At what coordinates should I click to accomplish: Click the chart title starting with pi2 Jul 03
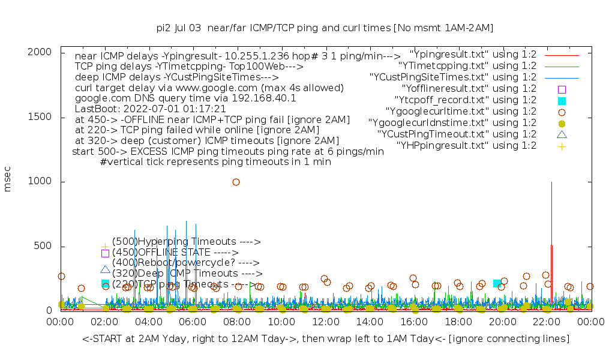(x=325, y=28)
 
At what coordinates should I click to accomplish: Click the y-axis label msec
(x=8, y=181)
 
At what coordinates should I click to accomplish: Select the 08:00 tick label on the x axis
(x=237, y=323)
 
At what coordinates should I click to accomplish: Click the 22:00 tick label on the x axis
(x=546, y=323)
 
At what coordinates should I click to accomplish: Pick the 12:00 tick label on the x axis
(x=325, y=323)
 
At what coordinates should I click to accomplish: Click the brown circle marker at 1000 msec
(x=236, y=182)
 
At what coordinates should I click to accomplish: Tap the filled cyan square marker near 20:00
(x=497, y=283)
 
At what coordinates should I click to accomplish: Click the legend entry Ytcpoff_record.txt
(x=466, y=100)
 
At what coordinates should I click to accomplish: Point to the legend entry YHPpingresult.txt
(x=466, y=145)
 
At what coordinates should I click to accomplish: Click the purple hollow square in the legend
(x=562, y=89)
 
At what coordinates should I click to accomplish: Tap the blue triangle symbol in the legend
(x=562, y=134)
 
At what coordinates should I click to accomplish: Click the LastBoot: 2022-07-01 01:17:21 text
(x=150, y=109)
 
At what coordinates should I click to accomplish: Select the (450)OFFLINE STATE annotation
(x=175, y=253)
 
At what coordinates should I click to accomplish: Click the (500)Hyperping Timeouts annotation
(x=186, y=242)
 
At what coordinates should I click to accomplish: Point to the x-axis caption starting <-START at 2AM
(x=326, y=339)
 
